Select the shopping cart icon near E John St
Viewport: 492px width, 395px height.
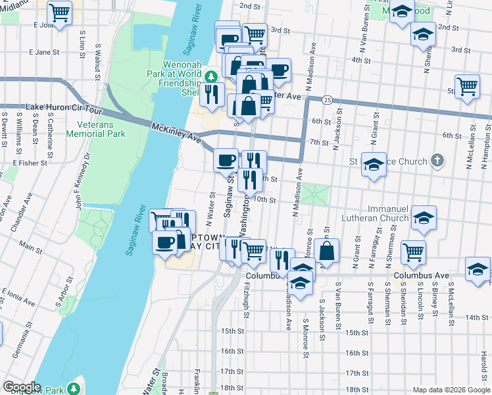tap(60, 12)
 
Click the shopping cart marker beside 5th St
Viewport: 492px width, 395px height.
tap(466, 86)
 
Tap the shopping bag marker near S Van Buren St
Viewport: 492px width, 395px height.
tap(326, 250)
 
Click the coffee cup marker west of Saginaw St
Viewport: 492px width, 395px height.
tap(226, 159)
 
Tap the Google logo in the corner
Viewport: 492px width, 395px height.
tap(22, 387)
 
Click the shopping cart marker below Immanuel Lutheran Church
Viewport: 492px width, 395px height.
tap(413, 250)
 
